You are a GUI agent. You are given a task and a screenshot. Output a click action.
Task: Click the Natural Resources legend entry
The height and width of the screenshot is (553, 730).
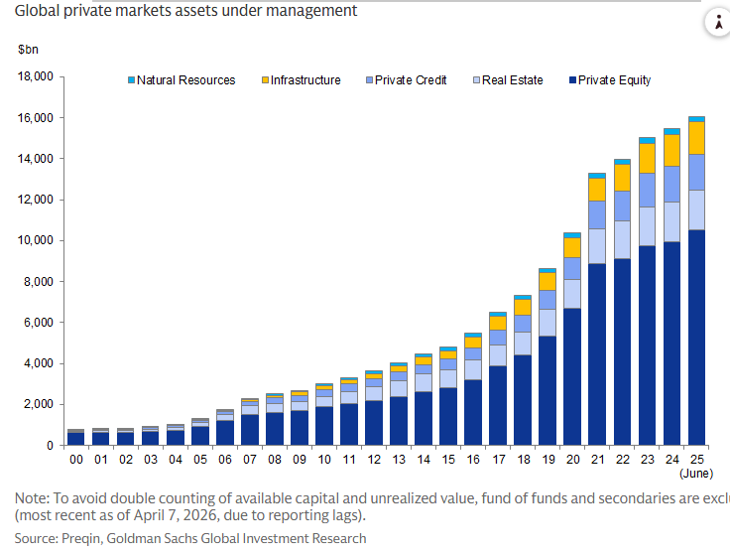(184, 80)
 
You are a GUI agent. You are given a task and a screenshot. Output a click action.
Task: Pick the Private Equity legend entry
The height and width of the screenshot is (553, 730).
(613, 80)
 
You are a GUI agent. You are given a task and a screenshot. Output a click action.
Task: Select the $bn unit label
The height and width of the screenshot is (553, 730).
(27, 49)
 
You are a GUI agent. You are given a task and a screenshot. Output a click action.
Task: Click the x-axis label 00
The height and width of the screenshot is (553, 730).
(76, 461)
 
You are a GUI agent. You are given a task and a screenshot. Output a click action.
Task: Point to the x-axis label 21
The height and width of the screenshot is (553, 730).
(596, 461)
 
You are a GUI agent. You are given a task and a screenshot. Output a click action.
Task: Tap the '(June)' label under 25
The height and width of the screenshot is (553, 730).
(697, 474)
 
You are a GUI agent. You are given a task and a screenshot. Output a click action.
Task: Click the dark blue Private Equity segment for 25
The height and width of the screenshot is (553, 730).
(696, 338)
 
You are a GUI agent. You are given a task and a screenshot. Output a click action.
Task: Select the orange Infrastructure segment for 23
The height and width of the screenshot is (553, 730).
(647, 158)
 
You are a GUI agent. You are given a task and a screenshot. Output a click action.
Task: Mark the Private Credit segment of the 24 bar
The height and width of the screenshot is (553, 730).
(671, 184)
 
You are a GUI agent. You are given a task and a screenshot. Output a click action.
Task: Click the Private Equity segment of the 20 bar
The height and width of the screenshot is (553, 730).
(572, 376)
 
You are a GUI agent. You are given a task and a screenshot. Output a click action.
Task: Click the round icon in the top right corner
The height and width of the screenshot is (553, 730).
(716, 25)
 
